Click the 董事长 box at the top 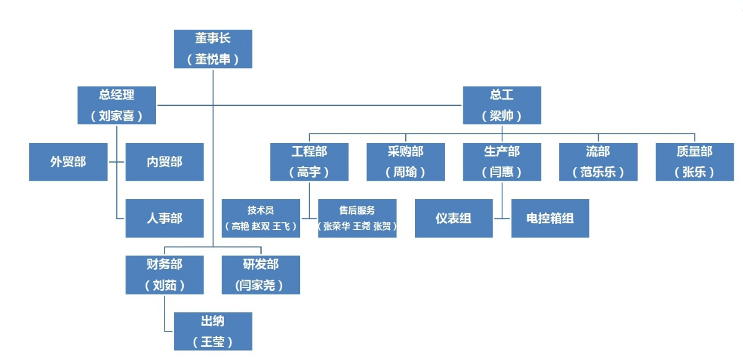click(213, 49)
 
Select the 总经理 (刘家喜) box click(116, 105)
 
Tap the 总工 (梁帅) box click(502, 105)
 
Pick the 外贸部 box click(68, 162)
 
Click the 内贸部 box click(165, 162)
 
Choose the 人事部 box click(165, 218)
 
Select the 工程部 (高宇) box click(309, 162)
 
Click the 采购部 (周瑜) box click(405, 162)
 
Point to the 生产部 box click(502, 162)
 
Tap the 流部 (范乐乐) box click(598, 162)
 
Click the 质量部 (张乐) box click(694, 162)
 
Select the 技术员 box click(261, 218)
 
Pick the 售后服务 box click(357, 218)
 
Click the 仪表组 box click(453, 218)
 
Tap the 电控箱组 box click(550, 218)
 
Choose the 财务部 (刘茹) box click(165, 275)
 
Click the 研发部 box click(261, 275)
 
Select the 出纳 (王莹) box click(213, 332)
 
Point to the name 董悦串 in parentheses click(213, 59)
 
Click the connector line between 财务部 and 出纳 click(165, 312)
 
